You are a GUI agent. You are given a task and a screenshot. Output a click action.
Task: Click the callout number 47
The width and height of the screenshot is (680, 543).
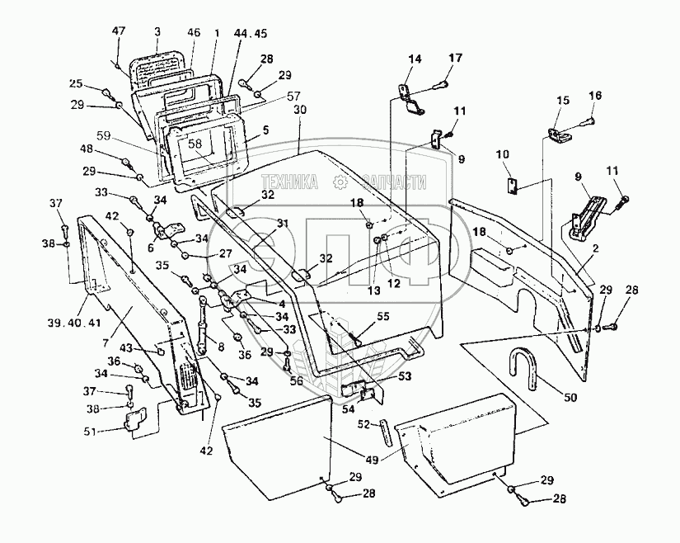pos(119,31)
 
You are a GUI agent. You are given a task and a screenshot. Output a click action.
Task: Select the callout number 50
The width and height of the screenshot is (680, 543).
pos(570,397)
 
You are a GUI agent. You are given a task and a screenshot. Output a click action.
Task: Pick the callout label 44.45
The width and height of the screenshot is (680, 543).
pos(251,34)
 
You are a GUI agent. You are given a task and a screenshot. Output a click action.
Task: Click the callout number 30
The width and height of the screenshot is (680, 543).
pos(300,110)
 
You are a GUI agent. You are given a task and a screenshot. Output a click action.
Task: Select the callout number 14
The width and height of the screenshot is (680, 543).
pos(415,59)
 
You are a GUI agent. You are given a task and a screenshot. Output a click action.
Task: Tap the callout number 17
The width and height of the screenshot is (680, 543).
pos(456,58)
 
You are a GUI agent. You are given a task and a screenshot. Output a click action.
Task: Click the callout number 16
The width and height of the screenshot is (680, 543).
pos(595,95)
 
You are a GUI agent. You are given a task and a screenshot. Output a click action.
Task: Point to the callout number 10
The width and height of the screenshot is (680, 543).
pos(503,154)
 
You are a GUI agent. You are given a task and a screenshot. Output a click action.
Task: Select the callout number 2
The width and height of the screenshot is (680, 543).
pos(595,248)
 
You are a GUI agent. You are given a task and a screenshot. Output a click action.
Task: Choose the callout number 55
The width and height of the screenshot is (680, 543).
pos(383,316)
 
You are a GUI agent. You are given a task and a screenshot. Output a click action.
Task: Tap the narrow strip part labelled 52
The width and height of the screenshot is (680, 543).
pos(387,432)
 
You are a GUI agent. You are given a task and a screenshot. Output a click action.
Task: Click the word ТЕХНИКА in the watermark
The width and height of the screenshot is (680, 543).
pos(289,182)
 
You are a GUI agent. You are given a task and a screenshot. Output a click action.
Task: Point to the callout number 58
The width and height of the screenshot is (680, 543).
pos(195,144)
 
